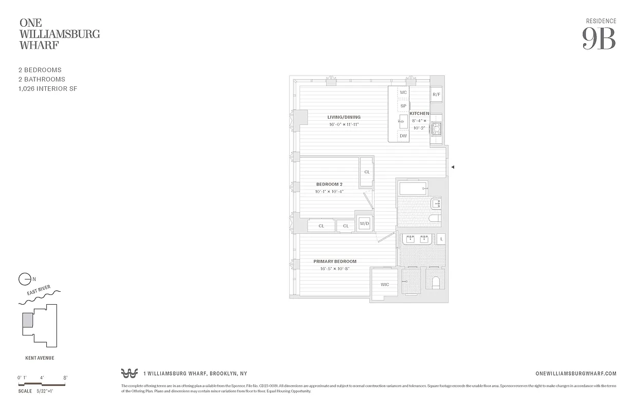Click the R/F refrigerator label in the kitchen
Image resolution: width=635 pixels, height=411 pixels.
pos(436,95)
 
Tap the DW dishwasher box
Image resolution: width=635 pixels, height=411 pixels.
pos(403,136)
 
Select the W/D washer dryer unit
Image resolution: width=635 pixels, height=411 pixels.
pos(364,223)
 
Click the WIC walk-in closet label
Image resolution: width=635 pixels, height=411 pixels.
pos(384,284)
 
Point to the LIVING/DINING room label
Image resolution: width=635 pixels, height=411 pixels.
pos(344,117)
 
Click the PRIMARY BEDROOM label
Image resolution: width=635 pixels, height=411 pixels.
pos(335,261)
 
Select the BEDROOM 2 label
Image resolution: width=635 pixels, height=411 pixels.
pos(329,184)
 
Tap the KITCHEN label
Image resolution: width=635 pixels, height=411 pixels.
pos(419,114)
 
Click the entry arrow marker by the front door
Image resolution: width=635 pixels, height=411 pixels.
pos(453,166)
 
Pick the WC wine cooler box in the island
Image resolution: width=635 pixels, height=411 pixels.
pos(403,92)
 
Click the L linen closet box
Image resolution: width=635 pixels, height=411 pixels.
pos(441,239)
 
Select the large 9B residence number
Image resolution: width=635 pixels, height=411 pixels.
pos(599,39)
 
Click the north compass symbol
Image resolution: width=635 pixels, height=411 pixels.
pos(25,279)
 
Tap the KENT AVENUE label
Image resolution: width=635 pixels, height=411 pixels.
pos(40,358)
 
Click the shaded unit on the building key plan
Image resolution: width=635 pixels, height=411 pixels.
pos(27,320)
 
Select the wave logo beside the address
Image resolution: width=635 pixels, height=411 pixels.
pos(129,373)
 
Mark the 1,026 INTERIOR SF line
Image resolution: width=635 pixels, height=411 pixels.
pos(47,89)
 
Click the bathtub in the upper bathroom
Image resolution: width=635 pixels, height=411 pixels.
pos(413,188)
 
